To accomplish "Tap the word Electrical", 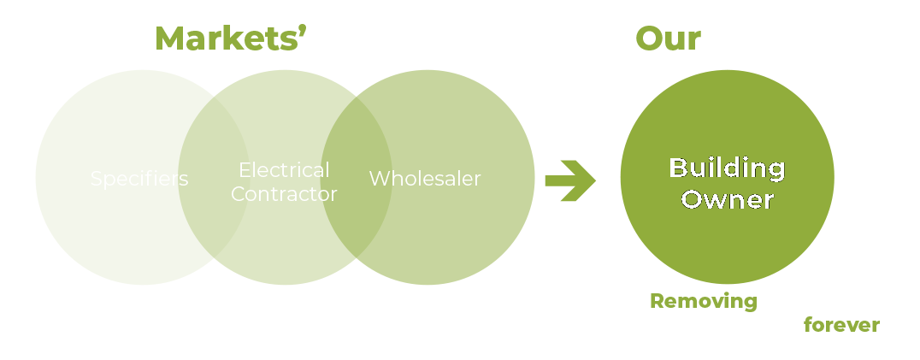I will point(284,169).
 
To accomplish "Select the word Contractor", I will point(284,194).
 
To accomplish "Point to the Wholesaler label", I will point(425,179).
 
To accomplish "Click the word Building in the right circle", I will point(727,168).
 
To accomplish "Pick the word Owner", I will point(727,200).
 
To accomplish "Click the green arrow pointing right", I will point(570,180).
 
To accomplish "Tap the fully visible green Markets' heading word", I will point(225,39).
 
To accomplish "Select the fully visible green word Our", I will point(668,39).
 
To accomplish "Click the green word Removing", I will point(703,301).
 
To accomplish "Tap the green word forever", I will point(842,326).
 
